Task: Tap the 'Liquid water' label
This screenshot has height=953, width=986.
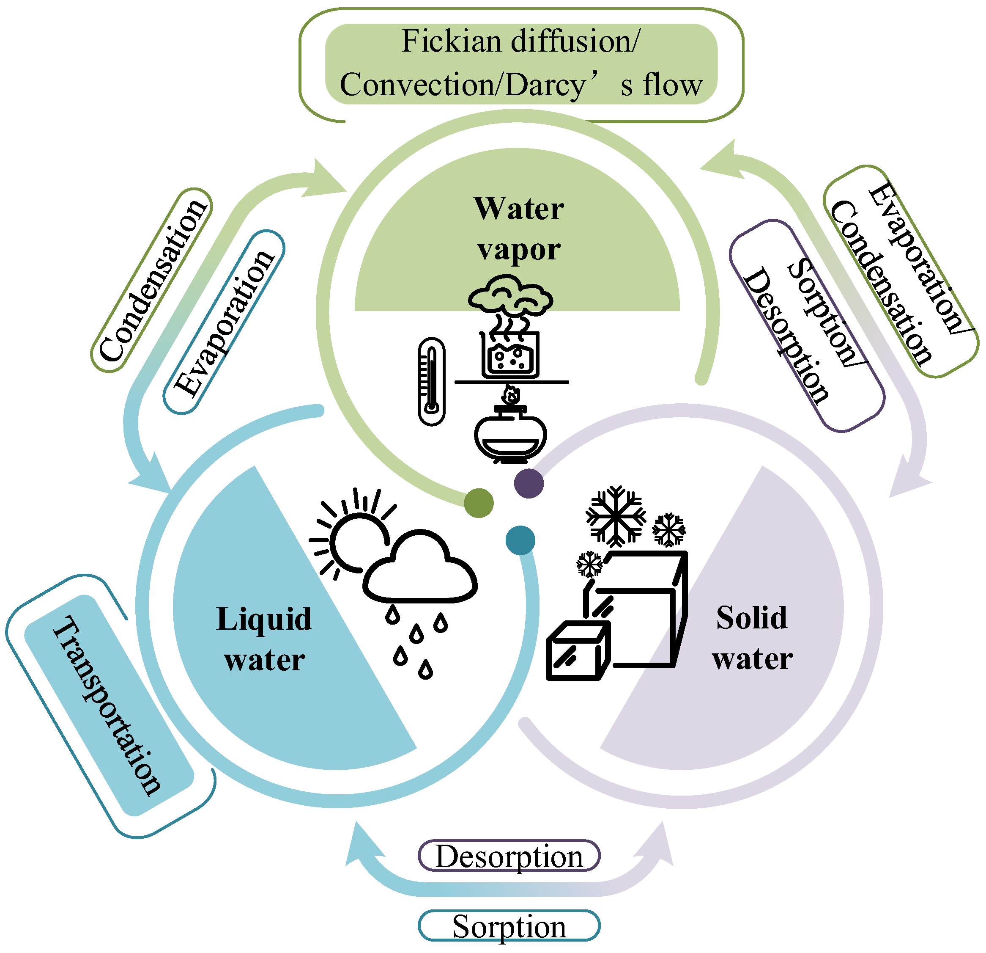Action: click(x=264, y=639)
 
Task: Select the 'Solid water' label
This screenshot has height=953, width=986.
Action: click(x=752, y=638)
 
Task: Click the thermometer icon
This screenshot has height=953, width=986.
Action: click(x=432, y=381)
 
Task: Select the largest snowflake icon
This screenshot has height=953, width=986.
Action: click(x=616, y=516)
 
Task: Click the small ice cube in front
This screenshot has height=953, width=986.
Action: click(x=578, y=651)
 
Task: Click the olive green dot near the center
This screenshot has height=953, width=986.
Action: click(x=478, y=503)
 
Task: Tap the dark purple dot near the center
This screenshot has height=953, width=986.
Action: click(x=529, y=483)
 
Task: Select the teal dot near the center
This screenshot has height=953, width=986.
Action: click(x=520, y=540)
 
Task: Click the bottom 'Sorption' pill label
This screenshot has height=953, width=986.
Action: click(x=509, y=926)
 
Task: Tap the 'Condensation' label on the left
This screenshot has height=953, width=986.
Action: click(x=151, y=281)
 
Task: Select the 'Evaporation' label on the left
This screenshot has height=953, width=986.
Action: click(x=224, y=322)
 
